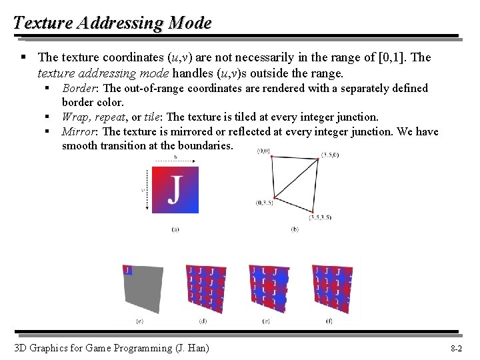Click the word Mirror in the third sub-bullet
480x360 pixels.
coord(77,131)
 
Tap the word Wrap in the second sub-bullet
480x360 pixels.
coord(75,117)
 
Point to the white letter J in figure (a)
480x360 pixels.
coord(174,190)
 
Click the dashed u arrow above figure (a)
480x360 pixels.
coord(175,160)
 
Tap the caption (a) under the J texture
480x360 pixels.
coord(175,229)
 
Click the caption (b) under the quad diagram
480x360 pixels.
coord(295,229)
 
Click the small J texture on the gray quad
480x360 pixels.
coord(127,270)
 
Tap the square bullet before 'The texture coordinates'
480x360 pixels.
coord(25,58)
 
